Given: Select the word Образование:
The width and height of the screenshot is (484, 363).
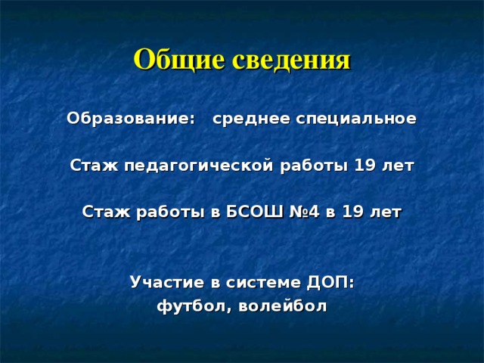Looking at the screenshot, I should coord(132,119).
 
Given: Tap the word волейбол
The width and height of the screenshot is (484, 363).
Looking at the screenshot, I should coord(282,306).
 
